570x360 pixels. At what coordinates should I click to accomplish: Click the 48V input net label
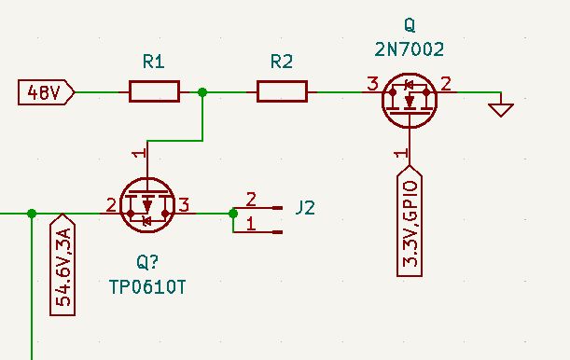click(45, 92)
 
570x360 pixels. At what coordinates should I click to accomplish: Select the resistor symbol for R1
click(154, 91)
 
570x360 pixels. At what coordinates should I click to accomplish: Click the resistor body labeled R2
click(282, 91)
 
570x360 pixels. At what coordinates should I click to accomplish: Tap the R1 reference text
click(154, 62)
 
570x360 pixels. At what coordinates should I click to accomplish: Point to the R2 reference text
click(281, 62)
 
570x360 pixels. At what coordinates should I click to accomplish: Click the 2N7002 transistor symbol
click(410, 100)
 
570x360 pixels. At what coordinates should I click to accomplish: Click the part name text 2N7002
click(410, 49)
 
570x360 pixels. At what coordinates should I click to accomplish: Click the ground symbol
click(501, 109)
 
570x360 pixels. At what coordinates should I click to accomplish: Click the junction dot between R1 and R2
click(203, 91)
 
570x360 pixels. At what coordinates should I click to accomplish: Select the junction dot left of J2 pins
click(232, 214)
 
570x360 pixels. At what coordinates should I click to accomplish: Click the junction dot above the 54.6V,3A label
click(33, 214)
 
